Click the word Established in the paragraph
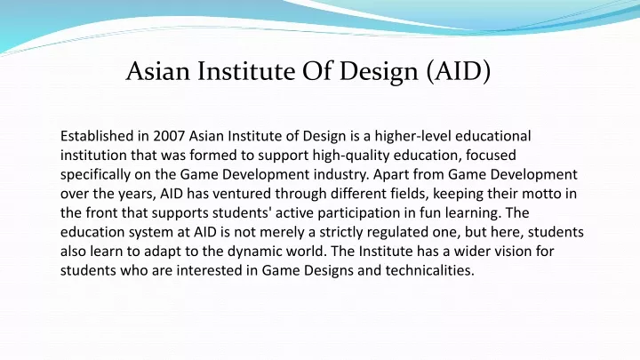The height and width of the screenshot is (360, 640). tap(97, 136)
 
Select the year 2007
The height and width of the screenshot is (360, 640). tap(169, 136)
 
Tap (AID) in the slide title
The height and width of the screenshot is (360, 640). tap(458, 71)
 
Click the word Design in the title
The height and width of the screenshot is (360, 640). tap(379, 72)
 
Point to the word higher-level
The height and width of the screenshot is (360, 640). tap(412, 136)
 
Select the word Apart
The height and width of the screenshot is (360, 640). tap(391, 175)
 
